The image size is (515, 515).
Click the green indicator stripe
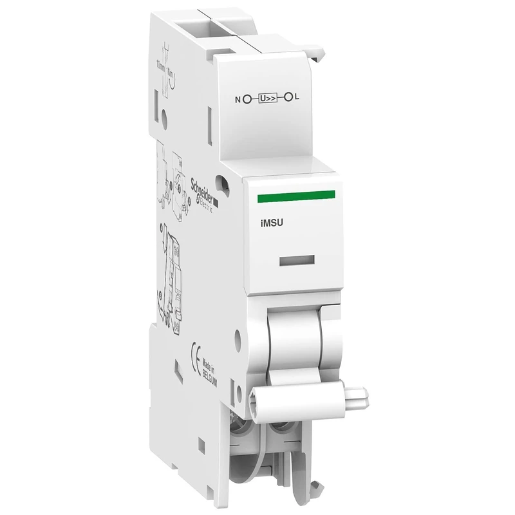pyautogui.click(x=295, y=195)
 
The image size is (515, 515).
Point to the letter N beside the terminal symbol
pyautogui.click(x=238, y=99)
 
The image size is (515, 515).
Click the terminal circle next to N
pyautogui.click(x=247, y=99)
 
